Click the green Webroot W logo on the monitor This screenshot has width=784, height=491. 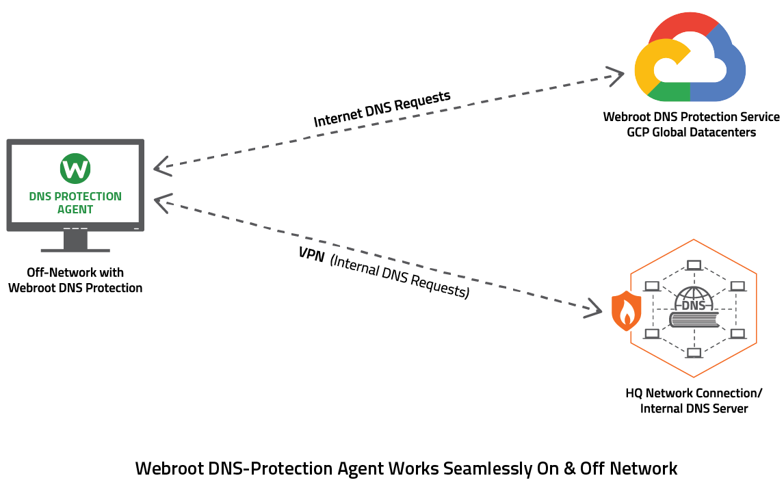[x=75, y=168]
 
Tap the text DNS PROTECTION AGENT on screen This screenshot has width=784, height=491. [x=75, y=202]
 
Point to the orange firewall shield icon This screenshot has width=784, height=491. [x=626, y=310]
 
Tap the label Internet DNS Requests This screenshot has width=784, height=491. [x=382, y=109]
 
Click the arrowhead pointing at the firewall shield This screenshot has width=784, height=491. [x=592, y=308]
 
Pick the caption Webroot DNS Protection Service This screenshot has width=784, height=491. [x=691, y=117]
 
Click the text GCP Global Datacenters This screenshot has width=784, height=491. [x=691, y=132]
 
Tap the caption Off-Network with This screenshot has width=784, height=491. [x=75, y=273]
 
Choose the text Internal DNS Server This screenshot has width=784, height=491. [x=694, y=409]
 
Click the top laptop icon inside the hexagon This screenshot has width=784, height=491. [x=694, y=264]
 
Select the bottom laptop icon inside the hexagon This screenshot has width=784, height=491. [x=694, y=353]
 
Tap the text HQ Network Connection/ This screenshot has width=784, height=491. [x=694, y=393]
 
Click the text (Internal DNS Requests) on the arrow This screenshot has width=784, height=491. [x=400, y=280]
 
